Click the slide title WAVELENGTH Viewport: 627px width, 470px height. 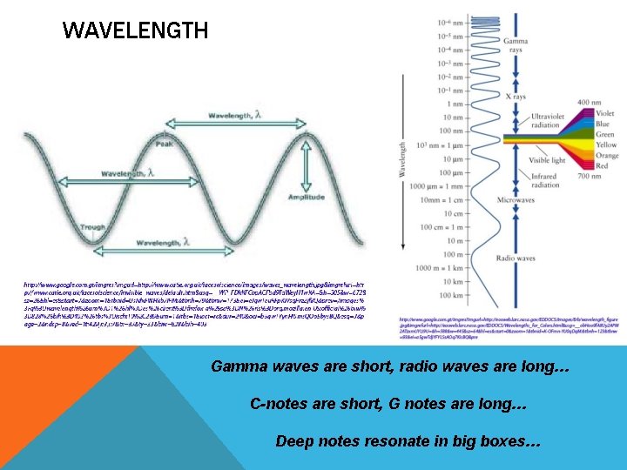pos(136,32)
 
